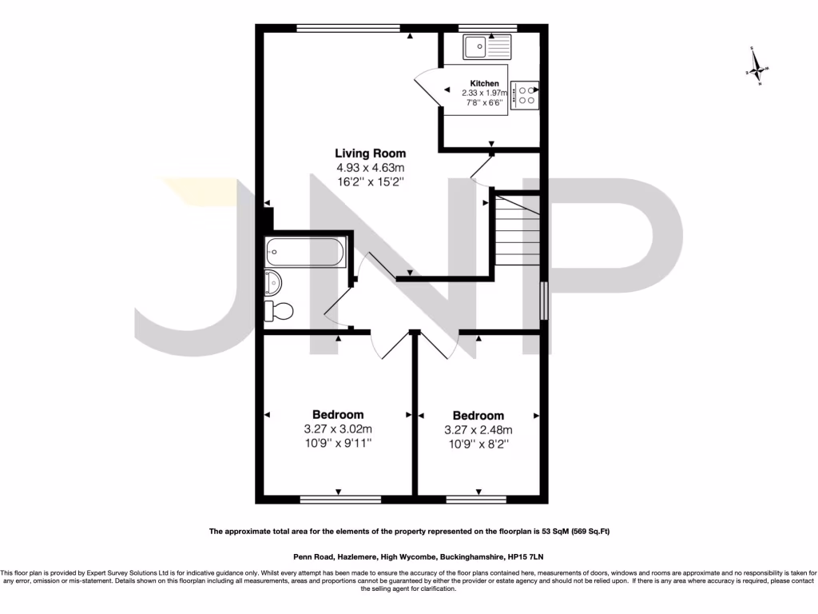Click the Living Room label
pos(370,153)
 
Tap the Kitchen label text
pos(484,83)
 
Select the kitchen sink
pos(486,47)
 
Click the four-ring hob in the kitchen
pos(526,95)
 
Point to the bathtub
pos(305,252)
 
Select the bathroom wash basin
pos(273,281)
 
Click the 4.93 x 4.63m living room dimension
pos(370,167)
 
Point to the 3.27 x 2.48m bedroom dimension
pos(478,429)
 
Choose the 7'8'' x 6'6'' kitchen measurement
pos(484,102)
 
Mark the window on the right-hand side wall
pos(545,301)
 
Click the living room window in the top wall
pos(347,28)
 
